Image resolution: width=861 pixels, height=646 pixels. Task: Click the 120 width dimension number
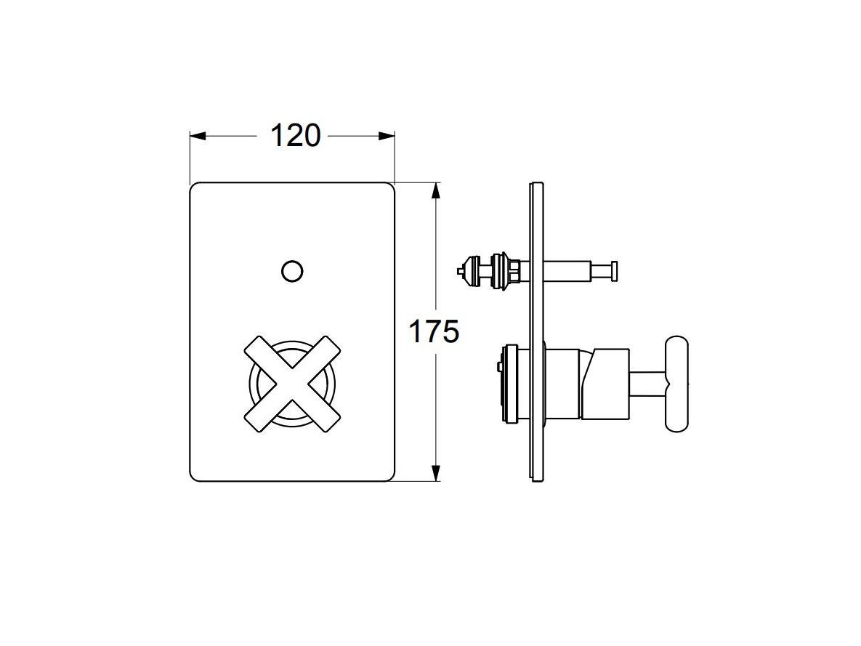[295, 136]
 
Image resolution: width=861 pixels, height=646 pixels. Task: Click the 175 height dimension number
[434, 332]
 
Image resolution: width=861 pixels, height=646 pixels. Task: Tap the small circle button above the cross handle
[292, 271]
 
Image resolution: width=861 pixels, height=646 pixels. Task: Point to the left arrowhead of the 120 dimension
[198, 136]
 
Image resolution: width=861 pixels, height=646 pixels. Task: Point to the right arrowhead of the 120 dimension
[387, 136]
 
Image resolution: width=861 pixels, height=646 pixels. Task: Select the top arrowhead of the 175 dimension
[435, 191]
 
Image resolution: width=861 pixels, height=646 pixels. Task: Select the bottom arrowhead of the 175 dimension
[435, 473]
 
